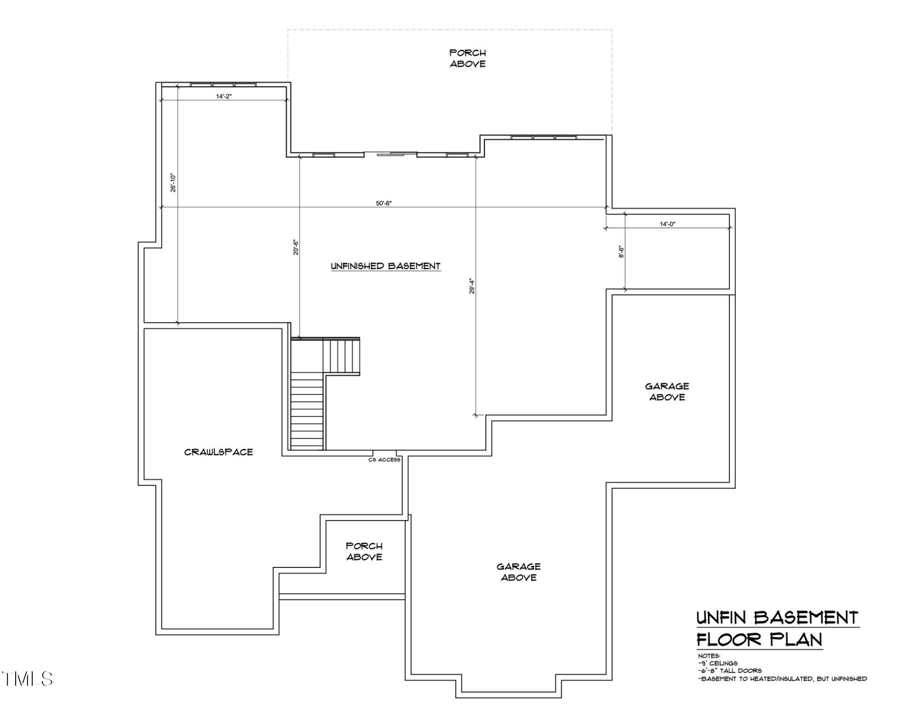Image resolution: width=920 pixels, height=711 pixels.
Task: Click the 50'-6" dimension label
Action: tap(383, 203)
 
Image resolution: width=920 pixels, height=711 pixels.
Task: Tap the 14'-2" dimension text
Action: tap(223, 96)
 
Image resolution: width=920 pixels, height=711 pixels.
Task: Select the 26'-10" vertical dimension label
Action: tap(173, 183)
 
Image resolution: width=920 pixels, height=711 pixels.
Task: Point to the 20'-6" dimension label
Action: tap(296, 247)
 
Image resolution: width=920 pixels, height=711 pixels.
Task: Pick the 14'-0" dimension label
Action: tap(667, 224)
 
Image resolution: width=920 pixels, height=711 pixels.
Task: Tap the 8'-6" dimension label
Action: tap(621, 251)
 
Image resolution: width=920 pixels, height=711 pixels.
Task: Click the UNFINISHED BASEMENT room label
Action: tap(386, 266)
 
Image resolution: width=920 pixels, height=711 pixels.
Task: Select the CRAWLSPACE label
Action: tap(218, 452)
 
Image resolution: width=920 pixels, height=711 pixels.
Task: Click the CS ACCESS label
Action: tap(384, 460)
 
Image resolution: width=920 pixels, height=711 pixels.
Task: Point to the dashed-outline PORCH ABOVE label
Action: tap(467, 58)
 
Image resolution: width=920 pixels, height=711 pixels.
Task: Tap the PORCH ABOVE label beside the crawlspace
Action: tap(364, 551)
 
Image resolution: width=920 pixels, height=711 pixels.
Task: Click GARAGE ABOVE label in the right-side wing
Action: tap(667, 392)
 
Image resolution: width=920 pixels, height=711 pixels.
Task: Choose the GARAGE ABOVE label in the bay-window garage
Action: tap(518, 572)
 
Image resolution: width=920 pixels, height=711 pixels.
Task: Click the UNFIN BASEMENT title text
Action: tap(777, 618)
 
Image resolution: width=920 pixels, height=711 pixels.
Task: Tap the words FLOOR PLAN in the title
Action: tap(759, 640)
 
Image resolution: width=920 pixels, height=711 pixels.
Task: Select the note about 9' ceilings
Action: tap(718, 663)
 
